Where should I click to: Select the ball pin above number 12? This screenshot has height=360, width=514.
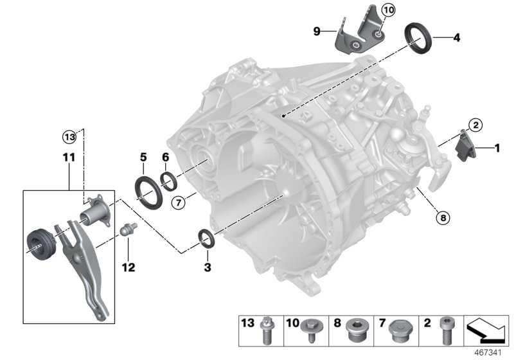(x=127, y=230)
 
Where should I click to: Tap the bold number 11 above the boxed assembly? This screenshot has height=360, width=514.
(x=69, y=157)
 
